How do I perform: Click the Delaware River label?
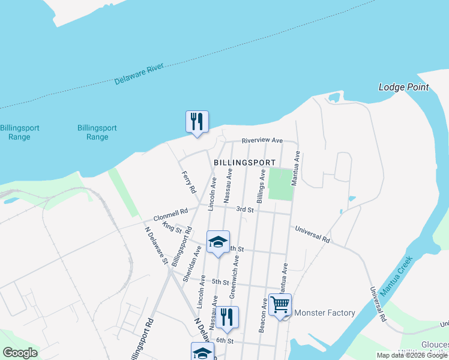click(143, 72)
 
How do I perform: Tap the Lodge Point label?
click(403, 87)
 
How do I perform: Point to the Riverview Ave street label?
click(262, 140)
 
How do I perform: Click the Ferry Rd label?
click(189, 182)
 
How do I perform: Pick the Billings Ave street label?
click(261, 186)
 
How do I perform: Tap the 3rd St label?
click(245, 210)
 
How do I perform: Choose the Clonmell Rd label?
click(170, 214)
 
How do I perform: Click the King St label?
click(172, 228)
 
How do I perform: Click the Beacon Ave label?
click(263, 316)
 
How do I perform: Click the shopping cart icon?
click(280, 304)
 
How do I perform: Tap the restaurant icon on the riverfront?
click(197, 122)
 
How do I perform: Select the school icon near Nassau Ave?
click(218, 242)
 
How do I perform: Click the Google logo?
click(20, 353)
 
